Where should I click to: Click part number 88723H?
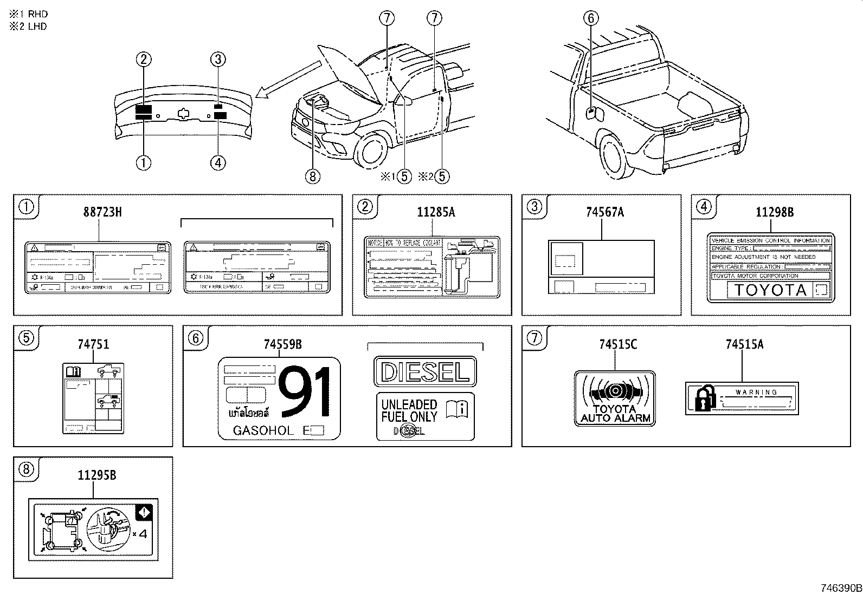[102, 212]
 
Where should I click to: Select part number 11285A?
[436, 212]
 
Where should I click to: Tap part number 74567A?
[604, 212]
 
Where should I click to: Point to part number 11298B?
[775, 212]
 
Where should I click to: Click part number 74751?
[93, 344]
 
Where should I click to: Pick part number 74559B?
[282, 344]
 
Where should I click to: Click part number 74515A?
[744, 344]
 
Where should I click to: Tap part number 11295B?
[97, 476]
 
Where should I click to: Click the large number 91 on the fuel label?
[305, 393]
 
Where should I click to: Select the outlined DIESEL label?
[425, 371]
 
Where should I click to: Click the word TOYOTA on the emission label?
[770, 290]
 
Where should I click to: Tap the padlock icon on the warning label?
[700, 400]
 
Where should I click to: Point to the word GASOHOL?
[263, 431]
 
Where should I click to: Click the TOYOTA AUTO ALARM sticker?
[615, 398]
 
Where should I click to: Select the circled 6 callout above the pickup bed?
[591, 18]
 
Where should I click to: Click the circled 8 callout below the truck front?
[313, 176]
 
